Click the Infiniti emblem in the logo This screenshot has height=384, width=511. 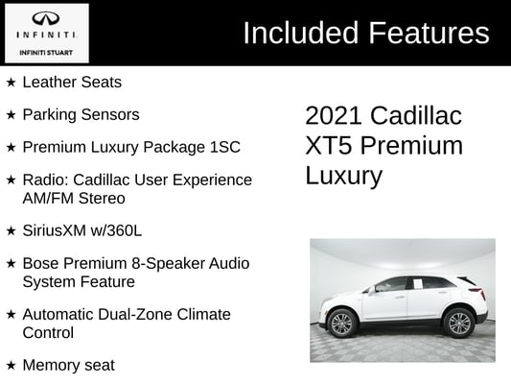tap(46, 18)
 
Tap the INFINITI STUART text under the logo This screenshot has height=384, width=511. tap(46, 53)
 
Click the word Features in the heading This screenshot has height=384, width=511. tap(429, 33)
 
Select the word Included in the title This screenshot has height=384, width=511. tap(301, 33)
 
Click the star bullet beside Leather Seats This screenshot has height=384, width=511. tap(11, 83)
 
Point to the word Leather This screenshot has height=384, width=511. tap(50, 82)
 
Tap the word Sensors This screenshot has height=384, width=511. tap(110, 114)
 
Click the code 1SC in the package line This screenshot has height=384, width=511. tap(225, 147)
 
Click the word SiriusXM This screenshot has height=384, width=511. tap(55, 230)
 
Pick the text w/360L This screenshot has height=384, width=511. tap(116, 230)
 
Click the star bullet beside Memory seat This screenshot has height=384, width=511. tap(11, 366)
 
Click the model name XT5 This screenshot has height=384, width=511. tap(329, 146)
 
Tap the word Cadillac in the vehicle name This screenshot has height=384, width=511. tap(416, 115)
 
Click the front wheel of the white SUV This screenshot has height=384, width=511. tap(342, 324)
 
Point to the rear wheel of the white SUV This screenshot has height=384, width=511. tap(459, 324)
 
